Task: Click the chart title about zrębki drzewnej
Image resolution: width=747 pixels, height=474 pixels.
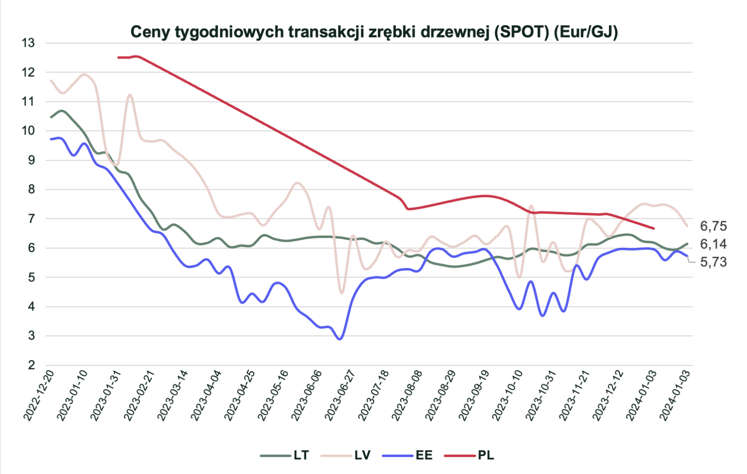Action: coord(373,32)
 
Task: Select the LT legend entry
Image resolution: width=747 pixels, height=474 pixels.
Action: coord(301,455)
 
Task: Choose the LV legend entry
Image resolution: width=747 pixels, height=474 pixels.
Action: coord(362,455)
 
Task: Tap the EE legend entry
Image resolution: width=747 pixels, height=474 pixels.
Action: coord(424,455)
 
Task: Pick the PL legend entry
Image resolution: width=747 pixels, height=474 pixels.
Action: coord(486,455)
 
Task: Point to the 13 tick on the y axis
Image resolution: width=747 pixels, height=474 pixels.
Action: coord(28,43)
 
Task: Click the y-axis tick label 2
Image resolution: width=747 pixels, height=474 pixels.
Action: coord(32,365)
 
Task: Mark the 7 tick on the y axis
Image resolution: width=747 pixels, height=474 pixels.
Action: coord(32,219)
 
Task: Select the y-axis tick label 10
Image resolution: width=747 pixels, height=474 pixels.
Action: coord(28,131)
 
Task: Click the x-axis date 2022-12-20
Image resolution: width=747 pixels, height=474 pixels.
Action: coord(39,394)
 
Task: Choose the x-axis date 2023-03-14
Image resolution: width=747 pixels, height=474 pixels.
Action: coord(173,394)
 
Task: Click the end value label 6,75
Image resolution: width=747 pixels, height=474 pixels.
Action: coord(713,226)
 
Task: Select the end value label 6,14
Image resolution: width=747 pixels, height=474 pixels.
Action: coord(713,244)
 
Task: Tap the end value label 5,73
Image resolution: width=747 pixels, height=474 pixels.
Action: coord(713,262)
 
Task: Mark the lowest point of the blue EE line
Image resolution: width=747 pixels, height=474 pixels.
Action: coord(340,339)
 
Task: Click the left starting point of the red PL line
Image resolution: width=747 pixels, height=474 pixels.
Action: coord(118,57)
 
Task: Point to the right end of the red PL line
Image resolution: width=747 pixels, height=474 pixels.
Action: coord(654,228)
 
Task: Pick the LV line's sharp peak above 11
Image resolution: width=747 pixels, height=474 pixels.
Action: coord(130,94)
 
